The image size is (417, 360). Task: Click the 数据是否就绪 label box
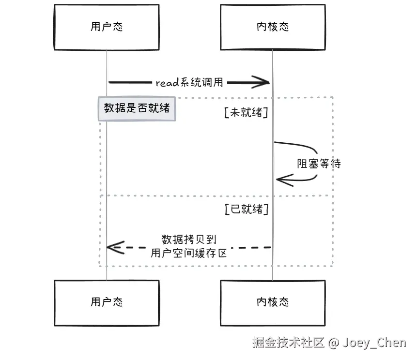[x=137, y=109]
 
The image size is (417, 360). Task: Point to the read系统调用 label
[x=189, y=82]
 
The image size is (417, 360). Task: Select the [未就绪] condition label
[x=246, y=112]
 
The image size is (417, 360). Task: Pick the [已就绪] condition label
[x=247, y=209]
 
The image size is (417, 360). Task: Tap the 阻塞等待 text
[x=319, y=164]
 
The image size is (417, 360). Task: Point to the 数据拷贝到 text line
[x=189, y=240]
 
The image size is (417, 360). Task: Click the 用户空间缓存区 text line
[x=189, y=253]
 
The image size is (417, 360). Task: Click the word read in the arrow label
[x=167, y=83]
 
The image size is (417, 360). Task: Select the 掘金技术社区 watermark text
[x=289, y=342]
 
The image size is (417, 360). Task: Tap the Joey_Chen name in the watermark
[x=374, y=343]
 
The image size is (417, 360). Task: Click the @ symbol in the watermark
[x=334, y=343]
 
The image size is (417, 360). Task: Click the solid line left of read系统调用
[x=130, y=82]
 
